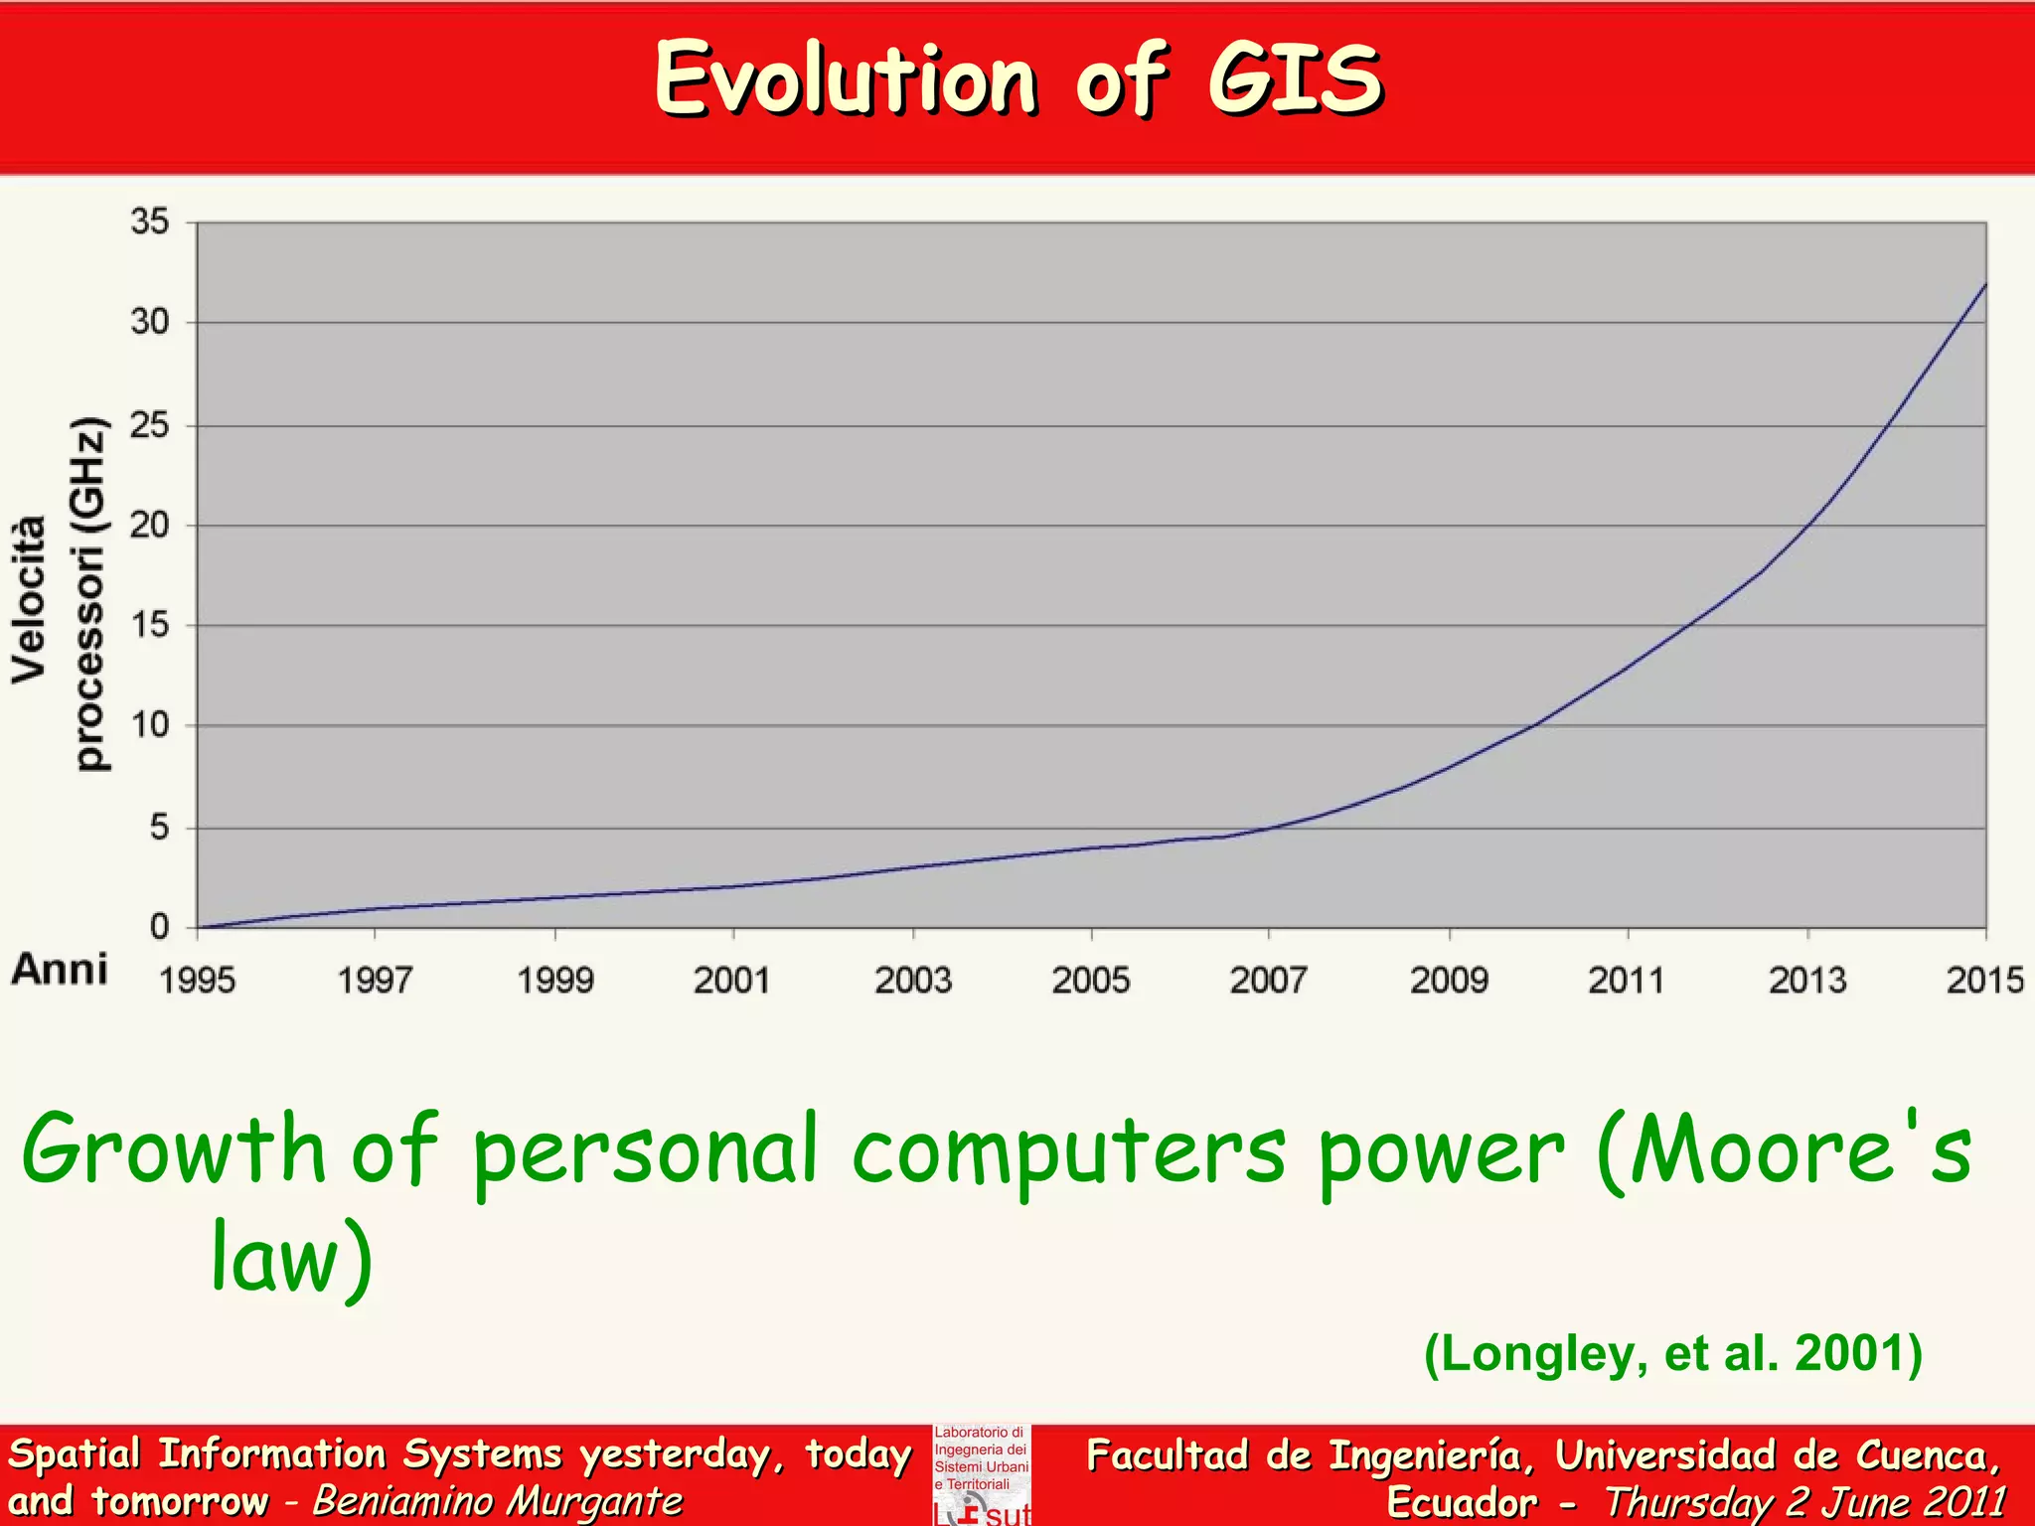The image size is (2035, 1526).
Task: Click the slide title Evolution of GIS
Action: pyautogui.click(x=1017, y=79)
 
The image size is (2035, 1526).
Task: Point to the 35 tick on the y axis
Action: pyautogui.click(x=150, y=222)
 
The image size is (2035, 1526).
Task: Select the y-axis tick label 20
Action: pyautogui.click(x=150, y=525)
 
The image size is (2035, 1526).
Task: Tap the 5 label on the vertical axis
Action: pyautogui.click(x=159, y=828)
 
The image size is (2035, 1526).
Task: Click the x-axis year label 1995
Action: pyautogui.click(x=197, y=981)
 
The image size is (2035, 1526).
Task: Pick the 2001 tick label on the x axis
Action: pyautogui.click(x=732, y=981)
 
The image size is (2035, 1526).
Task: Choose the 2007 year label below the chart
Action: pyautogui.click(x=1269, y=981)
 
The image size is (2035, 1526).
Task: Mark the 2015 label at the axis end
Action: pyautogui.click(x=1984, y=981)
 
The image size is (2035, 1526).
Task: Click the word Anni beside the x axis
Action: pyautogui.click(x=60, y=969)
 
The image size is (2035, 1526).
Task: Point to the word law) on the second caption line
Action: pyautogui.click(x=291, y=1260)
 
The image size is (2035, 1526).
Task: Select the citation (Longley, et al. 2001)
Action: pyautogui.click(x=1673, y=1353)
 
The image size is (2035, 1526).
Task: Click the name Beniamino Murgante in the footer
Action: pyautogui.click(x=498, y=1501)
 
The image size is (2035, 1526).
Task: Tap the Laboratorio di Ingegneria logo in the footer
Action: pyautogui.click(x=982, y=1475)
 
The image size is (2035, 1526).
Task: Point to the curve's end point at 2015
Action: pyautogui.click(x=1985, y=285)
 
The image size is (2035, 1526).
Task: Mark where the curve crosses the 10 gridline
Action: pyautogui.click(x=1535, y=725)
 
